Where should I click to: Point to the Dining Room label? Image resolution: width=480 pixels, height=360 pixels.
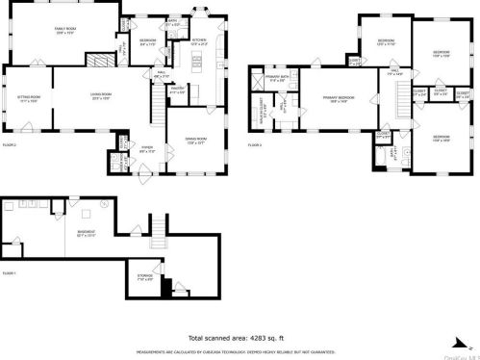point(196,140)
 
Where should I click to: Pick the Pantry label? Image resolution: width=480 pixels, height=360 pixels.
point(176,91)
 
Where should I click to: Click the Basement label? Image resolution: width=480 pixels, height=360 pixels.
point(86,234)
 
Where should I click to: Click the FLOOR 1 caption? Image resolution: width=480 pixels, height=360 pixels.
point(10,273)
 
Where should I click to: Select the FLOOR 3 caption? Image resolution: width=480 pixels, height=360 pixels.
point(255,143)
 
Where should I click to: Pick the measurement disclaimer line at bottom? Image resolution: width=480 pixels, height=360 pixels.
point(240,350)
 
